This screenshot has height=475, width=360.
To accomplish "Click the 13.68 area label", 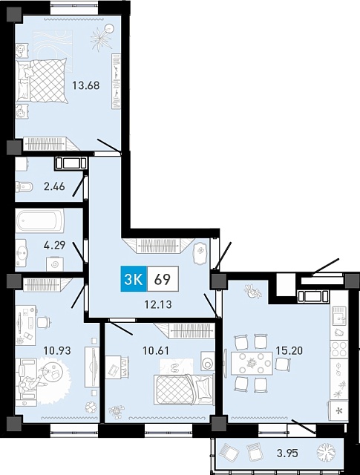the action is pos(86,85).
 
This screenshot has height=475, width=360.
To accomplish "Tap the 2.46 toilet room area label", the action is pos(54,186).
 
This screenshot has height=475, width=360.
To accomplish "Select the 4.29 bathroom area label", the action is pos(54,245).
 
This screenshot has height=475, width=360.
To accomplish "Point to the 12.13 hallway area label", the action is pos(158,304).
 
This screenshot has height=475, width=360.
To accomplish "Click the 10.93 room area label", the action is pos(57,350).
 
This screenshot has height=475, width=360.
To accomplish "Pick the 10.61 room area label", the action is pos(156,350).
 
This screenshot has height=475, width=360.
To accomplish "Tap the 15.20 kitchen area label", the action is pos(289,350).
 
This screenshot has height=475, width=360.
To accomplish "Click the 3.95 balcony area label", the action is pos(288,453).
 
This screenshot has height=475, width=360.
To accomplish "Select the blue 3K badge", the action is pos(134,279).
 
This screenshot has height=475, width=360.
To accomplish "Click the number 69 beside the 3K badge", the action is pos(162,279).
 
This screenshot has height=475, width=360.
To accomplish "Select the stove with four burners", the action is pos(338,349).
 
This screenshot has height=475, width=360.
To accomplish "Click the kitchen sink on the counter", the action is pos(338,315).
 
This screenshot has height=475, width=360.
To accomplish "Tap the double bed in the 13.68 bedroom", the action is pos(42,81).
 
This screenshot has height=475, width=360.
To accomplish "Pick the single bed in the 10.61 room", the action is pos(183,389).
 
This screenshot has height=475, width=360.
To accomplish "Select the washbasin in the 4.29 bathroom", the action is pos(22,252).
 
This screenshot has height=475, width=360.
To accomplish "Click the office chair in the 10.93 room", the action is pos(43,321).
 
